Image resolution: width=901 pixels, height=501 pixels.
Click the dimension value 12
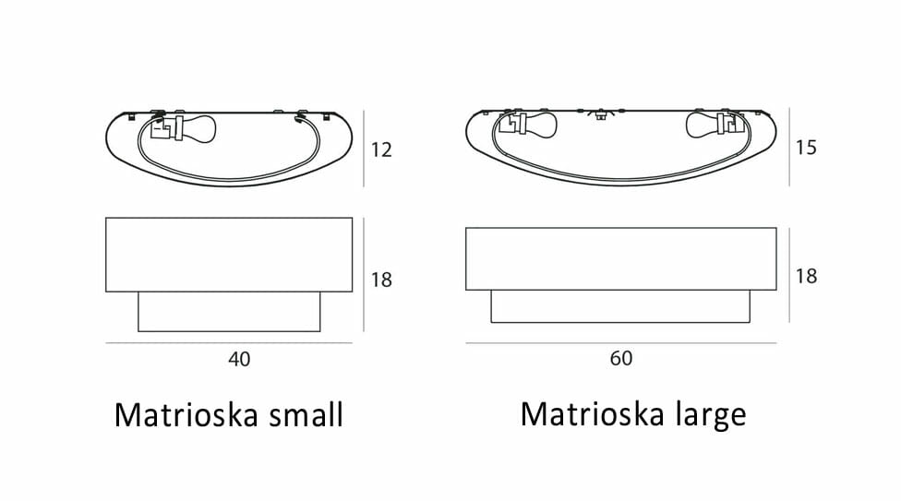coord(381,150)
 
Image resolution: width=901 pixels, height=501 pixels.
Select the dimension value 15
coord(806,148)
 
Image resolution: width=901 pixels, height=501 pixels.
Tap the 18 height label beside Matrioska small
coord(381,280)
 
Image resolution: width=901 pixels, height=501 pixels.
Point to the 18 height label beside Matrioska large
coord(806,277)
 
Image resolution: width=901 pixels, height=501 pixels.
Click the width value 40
coord(239,359)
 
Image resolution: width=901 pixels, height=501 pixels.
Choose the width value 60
coord(621,359)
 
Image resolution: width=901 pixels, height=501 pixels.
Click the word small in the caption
coord(306,414)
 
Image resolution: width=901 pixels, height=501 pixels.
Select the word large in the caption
coord(711,415)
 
